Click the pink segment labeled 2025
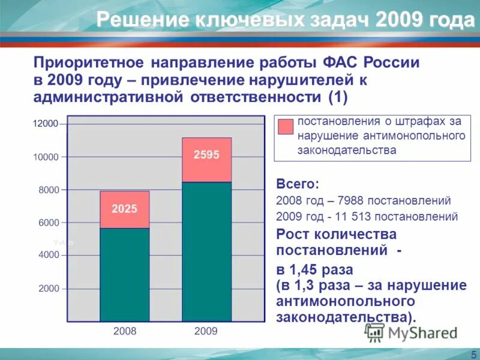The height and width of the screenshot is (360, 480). (124, 209)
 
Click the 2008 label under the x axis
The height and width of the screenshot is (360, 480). (125, 331)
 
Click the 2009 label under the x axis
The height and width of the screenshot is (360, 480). (206, 331)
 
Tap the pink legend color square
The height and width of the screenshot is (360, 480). (286, 126)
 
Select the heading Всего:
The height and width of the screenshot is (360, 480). (298, 184)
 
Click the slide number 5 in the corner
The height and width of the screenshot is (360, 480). (473, 355)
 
